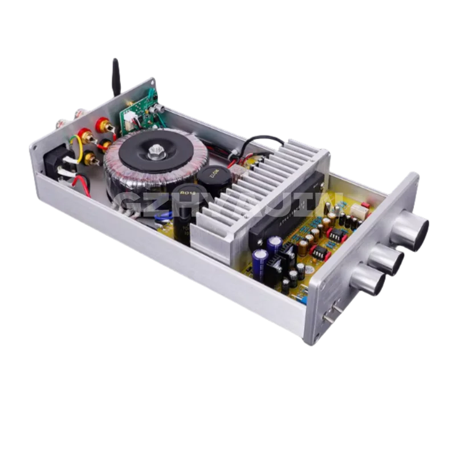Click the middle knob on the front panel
[x=387, y=259]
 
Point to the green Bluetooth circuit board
[x=137, y=108]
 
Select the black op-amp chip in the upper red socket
[x=336, y=235]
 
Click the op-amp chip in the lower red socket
[x=319, y=253]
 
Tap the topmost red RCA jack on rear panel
[x=103, y=123]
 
